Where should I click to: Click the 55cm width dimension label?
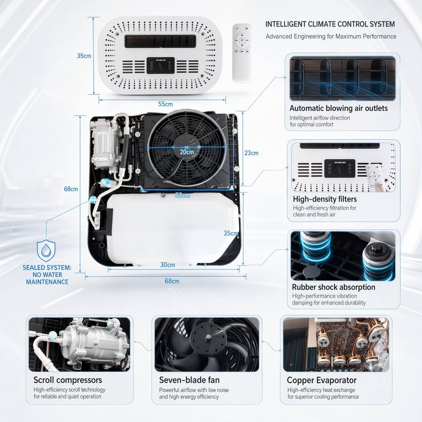pyautogui.click(x=165, y=104)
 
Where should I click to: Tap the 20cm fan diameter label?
pyautogui.click(x=187, y=152)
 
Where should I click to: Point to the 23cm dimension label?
pyautogui.click(x=251, y=153)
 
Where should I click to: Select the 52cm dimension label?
pyautogui.click(x=183, y=195)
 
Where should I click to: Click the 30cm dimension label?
pyautogui.click(x=167, y=265)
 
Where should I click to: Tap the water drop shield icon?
pyautogui.click(x=46, y=251)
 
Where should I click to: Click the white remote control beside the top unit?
pyautogui.click(x=241, y=53)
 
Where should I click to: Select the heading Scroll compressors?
pyautogui.click(x=68, y=380)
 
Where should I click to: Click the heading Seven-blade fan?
pyautogui.click(x=189, y=380)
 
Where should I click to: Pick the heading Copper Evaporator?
pyautogui.click(x=321, y=380)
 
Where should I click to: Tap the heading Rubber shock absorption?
pyautogui.click(x=333, y=287)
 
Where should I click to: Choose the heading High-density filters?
pyautogui.click(x=325, y=199)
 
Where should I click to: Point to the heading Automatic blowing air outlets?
pyautogui.click(x=339, y=108)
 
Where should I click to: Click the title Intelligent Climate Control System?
pyautogui.click(x=330, y=24)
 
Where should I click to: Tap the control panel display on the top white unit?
pyautogui.click(x=161, y=66)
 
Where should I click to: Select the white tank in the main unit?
pyautogui.click(x=173, y=229)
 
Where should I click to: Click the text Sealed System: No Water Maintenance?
pyautogui.click(x=47, y=275)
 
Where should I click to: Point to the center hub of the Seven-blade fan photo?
pyautogui.click(x=208, y=337)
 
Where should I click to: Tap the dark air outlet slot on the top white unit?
pyautogui.click(x=160, y=41)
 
